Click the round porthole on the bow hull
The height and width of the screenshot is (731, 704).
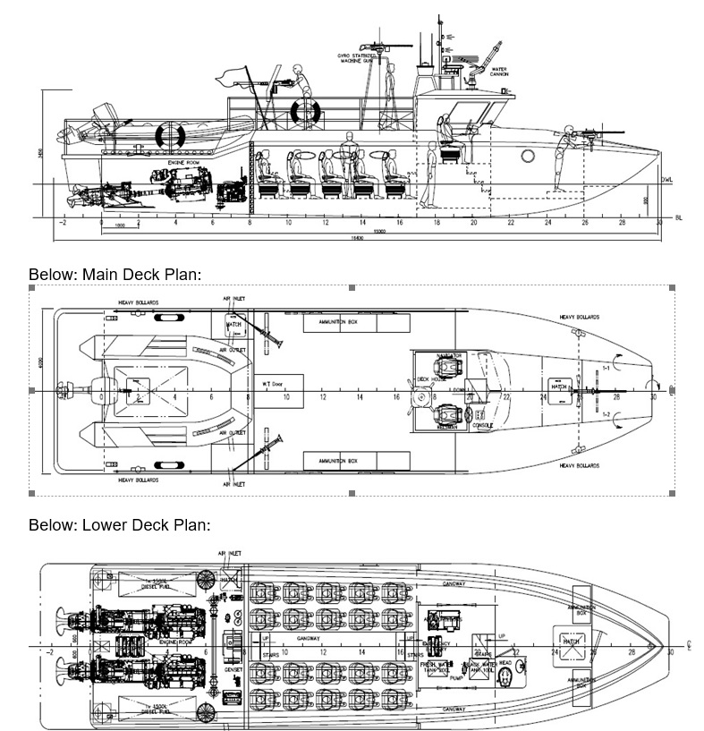[527, 157]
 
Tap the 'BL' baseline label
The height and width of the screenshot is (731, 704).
[679, 217]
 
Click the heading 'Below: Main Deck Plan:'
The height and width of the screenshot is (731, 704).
[115, 273]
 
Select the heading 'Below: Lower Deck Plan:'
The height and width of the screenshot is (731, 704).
[119, 525]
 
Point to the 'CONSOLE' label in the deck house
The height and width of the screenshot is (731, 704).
[482, 425]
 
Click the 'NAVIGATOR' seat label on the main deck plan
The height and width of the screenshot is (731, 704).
[448, 356]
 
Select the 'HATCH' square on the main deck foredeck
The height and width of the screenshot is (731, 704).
[559, 387]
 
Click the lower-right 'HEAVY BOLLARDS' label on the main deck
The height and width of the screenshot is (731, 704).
[579, 465]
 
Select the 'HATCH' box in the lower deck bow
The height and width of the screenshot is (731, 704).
[571, 642]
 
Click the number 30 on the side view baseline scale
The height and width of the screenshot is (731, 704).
[660, 222]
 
